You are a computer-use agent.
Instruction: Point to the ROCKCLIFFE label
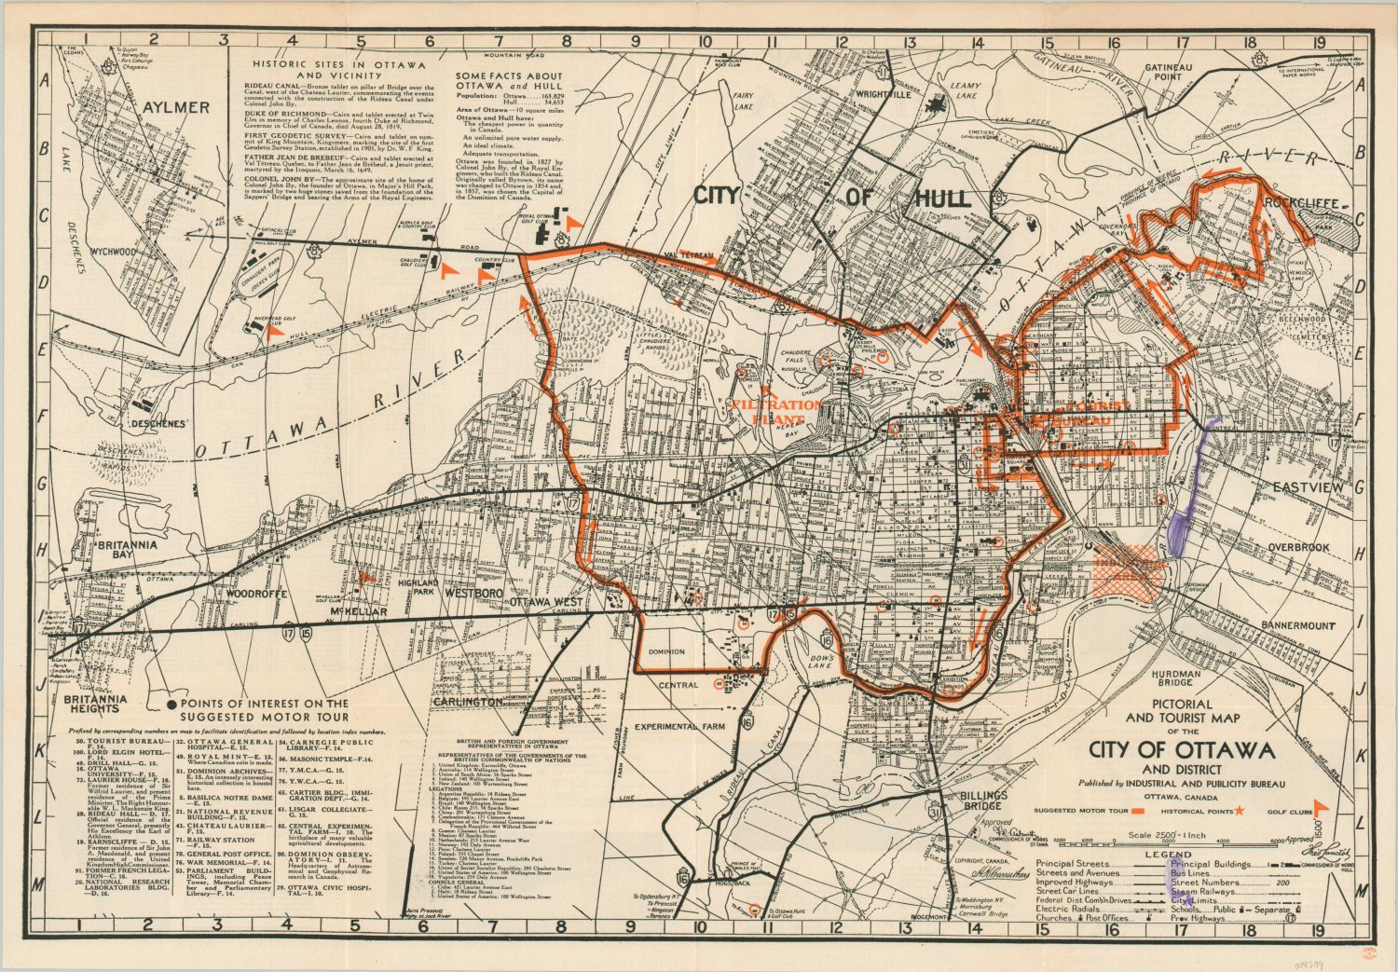(x=1301, y=203)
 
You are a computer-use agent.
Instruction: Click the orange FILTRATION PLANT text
(x=776, y=412)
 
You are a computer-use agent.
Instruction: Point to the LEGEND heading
(x=1168, y=854)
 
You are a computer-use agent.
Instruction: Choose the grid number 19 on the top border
(x=1317, y=41)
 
